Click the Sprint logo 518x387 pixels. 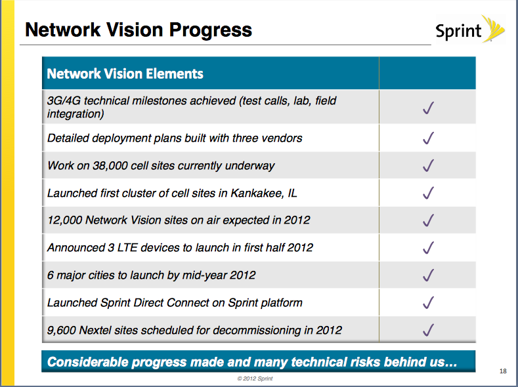click(x=470, y=30)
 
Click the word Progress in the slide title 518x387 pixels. click(x=211, y=30)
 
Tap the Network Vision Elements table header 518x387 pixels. click(x=125, y=73)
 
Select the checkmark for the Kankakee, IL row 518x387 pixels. click(x=428, y=193)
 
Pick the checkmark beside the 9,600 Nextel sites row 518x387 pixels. click(x=428, y=329)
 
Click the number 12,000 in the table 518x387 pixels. click(x=64, y=220)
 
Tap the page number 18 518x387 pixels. click(x=503, y=371)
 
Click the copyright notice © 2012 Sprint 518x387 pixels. click(x=255, y=378)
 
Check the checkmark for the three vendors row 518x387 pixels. click(x=428, y=138)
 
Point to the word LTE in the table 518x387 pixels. click(x=127, y=248)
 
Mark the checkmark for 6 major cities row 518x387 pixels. click(x=428, y=275)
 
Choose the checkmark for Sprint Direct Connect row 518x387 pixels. click(x=428, y=302)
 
